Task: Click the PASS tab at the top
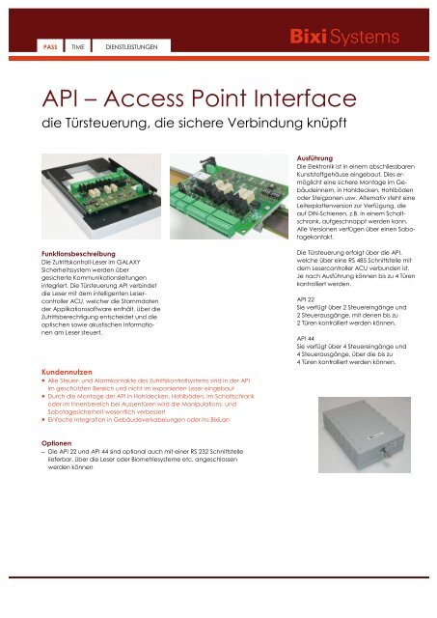coord(45,46)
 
